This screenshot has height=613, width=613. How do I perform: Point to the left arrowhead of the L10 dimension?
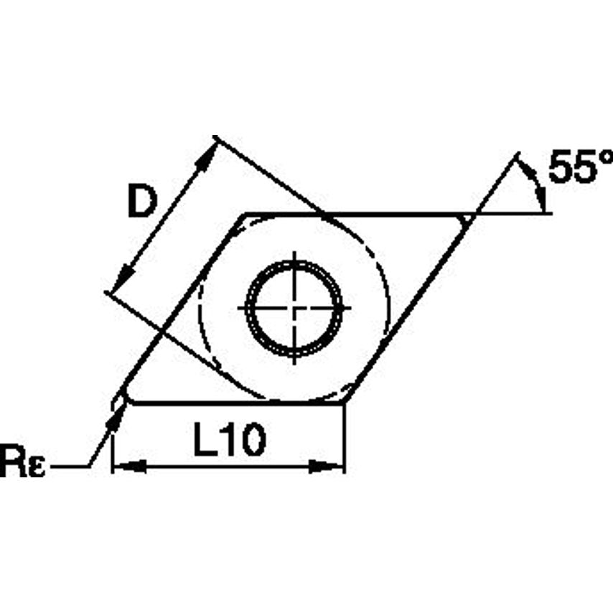tap(130, 467)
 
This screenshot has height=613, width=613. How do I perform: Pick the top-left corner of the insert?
tap(244, 214)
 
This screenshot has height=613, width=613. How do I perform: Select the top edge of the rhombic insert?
tap(359, 213)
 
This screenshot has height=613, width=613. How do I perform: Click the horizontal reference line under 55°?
tap(517, 213)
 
